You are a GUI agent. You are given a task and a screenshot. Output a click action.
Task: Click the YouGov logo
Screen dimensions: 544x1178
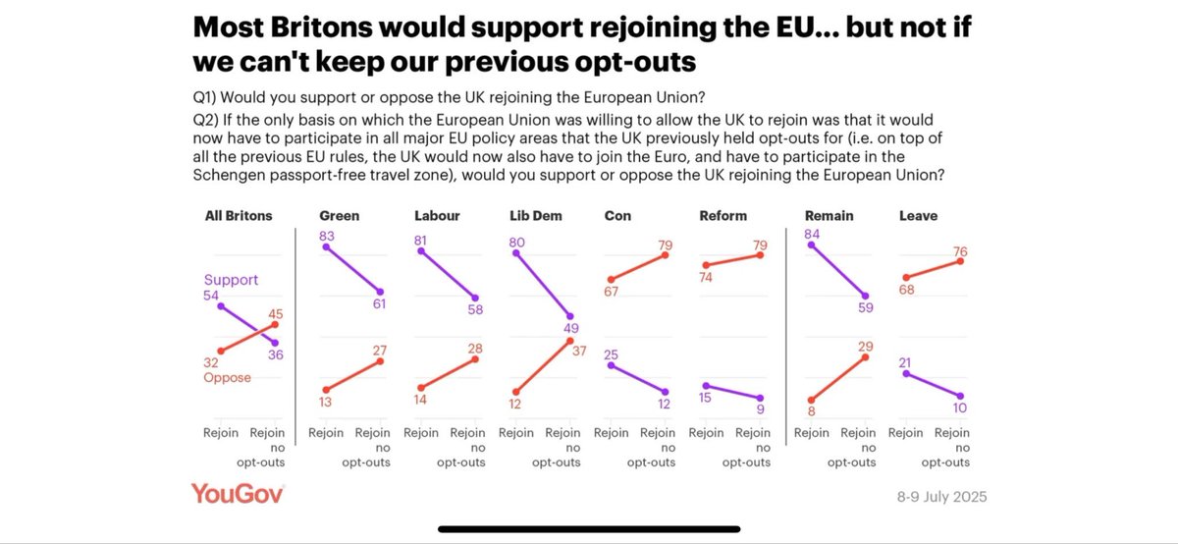238,494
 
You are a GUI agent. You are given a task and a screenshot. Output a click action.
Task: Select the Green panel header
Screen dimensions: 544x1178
340,215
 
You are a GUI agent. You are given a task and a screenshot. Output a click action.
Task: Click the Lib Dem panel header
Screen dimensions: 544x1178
535,215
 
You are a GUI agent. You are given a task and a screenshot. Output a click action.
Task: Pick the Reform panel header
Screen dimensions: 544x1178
724,215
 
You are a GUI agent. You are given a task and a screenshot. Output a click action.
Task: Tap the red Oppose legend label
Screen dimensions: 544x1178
227,377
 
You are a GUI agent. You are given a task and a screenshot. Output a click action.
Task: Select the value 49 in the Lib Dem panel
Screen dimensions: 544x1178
569,329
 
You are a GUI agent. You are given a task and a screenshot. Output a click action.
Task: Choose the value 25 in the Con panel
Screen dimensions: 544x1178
611,354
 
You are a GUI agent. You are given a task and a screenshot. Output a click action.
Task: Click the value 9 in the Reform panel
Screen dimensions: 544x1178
760,409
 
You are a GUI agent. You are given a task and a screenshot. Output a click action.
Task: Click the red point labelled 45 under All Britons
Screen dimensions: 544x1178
276,324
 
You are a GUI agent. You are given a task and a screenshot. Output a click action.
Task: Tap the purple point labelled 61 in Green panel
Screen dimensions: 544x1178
379,292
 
